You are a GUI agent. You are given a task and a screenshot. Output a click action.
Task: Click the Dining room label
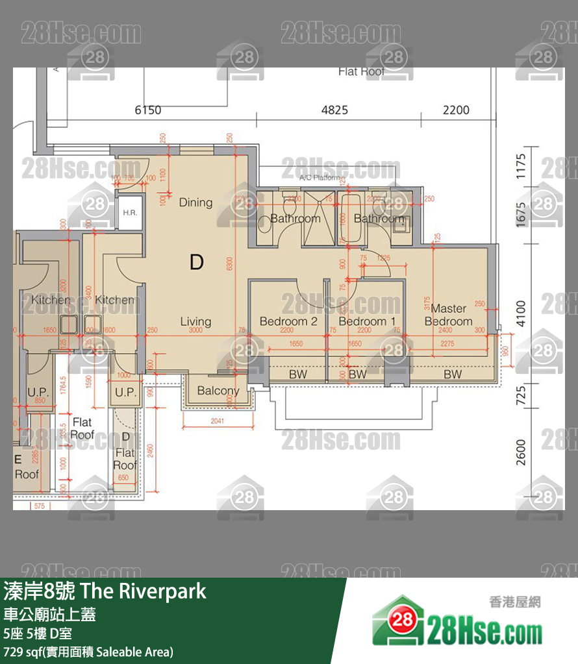tap(195, 203)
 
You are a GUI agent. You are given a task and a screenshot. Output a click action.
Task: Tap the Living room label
tap(195, 321)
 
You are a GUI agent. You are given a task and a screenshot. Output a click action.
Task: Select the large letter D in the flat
tap(197, 262)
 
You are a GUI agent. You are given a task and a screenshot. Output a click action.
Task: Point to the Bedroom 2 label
tap(288, 321)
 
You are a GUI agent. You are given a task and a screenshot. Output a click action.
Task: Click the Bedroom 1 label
tap(367, 321)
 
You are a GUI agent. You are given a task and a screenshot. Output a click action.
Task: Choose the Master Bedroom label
tap(448, 315)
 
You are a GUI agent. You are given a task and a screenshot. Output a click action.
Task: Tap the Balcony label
tap(218, 391)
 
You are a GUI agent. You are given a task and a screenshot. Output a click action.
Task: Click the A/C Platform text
tap(320, 177)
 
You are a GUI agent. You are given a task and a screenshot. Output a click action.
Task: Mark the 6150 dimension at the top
tap(147, 110)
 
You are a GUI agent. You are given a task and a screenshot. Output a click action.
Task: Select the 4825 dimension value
tap(334, 110)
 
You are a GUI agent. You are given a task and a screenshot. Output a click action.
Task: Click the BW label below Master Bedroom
tap(453, 375)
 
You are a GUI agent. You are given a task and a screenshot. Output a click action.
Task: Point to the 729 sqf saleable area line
tap(88, 651)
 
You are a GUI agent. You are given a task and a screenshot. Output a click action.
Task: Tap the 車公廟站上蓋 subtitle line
tap(50, 614)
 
